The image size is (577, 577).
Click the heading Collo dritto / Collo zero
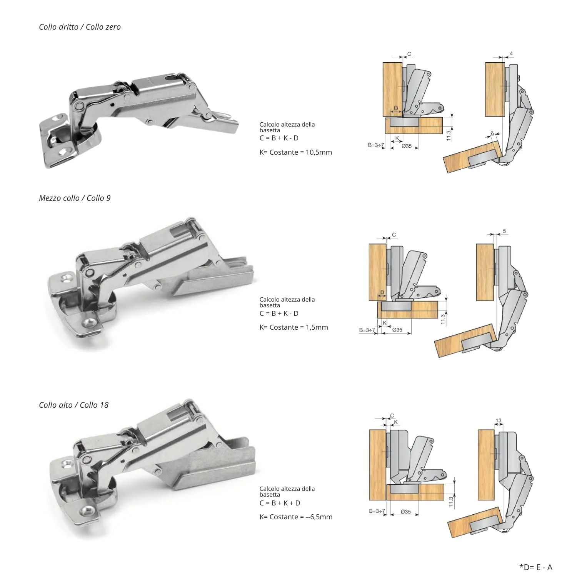click(x=80, y=27)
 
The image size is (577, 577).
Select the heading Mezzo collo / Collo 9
click(x=75, y=198)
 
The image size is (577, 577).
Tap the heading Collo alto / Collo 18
click(x=73, y=405)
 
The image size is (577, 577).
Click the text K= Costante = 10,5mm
click(x=295, y=152)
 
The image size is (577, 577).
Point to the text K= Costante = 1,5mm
click(x=294, y=327)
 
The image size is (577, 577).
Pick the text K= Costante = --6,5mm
click(x=296, y=517)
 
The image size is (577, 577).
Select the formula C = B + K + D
click(x=280, y=503)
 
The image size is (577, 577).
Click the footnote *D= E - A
click(x=535, y=567)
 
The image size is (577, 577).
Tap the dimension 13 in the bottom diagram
click(x=499, y=420)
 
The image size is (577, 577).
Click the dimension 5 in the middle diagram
click(x=504, y=231)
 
